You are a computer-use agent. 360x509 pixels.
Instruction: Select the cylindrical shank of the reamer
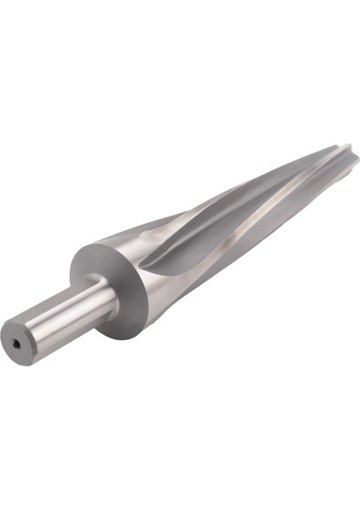tap(64, 318)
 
